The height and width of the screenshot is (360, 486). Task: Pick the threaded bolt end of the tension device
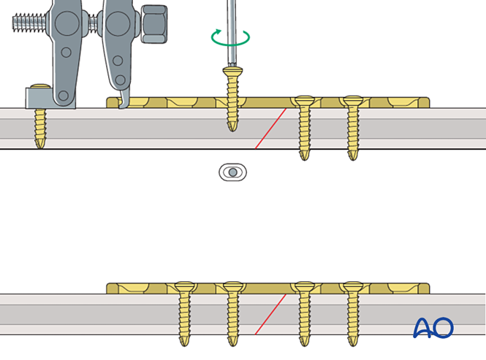click(30, 23)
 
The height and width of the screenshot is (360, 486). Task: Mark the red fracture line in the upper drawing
click(270, 129)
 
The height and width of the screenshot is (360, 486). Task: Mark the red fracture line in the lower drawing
click(270, 315)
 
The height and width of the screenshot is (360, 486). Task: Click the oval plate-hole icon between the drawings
click(232, 172)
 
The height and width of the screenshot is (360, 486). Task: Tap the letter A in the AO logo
click(423, 328)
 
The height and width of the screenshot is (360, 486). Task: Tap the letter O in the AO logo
click(444, 328)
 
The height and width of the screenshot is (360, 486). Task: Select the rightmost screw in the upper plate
click(353, 127)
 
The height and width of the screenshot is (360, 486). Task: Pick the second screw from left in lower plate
click(233, 313)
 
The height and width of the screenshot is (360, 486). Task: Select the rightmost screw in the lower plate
click(353, 313)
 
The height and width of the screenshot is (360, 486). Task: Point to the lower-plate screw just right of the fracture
click(303, 313)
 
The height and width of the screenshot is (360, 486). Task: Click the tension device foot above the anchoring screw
click(38, 95)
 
